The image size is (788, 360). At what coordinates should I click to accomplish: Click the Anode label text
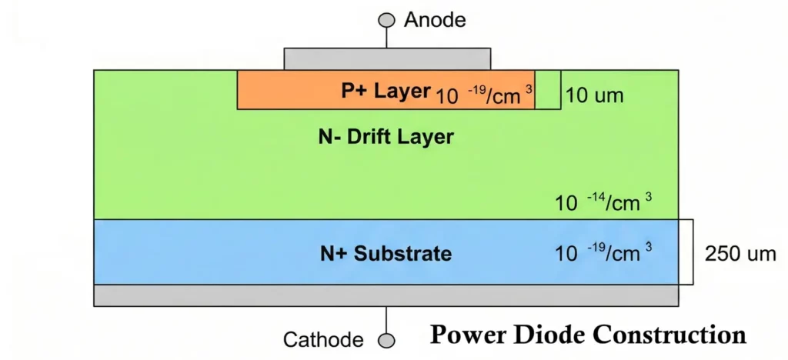click(435, 19)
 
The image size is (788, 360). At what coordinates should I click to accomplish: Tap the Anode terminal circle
click(388, 20)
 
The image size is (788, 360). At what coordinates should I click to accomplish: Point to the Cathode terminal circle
click(388, 339)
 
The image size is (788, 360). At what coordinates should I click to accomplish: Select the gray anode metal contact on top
click(387, 58)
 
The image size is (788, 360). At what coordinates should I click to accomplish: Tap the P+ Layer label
click(386, 92)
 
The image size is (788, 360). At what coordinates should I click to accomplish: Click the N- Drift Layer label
click(386, 138)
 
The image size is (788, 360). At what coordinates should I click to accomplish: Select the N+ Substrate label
click(386, 253)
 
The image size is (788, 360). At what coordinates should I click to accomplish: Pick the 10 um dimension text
click(594, 96)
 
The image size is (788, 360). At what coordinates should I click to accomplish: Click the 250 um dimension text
click(740, 254)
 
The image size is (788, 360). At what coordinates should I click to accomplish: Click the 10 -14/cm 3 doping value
click(604, 203)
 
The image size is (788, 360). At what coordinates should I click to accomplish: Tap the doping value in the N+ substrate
click(604, 253)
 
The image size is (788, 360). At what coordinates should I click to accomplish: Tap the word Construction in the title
click(673, 335)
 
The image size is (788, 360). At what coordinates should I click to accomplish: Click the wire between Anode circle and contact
click(388, 38)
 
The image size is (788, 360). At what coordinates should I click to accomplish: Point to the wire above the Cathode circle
click(388, 319)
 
